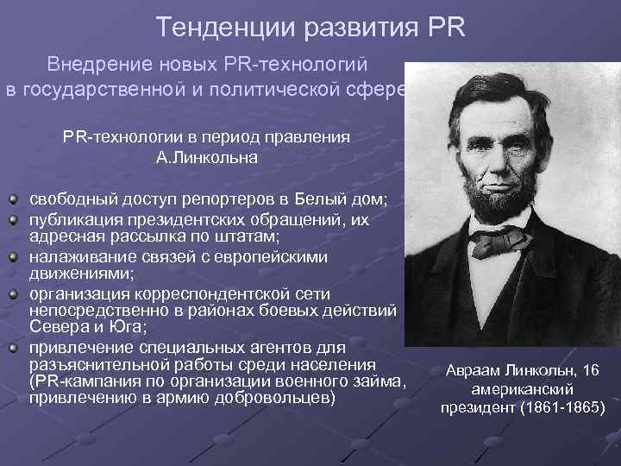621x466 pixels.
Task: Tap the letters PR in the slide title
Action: click(445, 28)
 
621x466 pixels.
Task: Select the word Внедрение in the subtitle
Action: click(89, 65)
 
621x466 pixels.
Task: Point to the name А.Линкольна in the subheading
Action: click(207, 158)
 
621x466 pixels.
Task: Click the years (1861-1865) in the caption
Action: click(561, 406)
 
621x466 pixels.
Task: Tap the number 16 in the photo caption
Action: click(592, 372)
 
